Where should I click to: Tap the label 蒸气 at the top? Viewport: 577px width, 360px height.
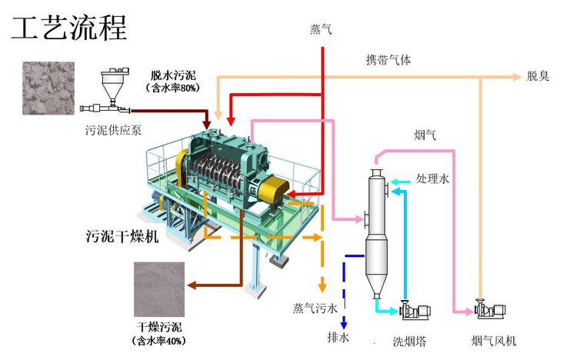(x=321, y=29)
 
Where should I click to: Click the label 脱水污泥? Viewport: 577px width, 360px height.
(x=172, y=75)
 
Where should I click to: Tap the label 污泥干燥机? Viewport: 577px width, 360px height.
(x=122, y=237)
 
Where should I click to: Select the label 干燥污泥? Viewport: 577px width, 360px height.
(x=160, y=326)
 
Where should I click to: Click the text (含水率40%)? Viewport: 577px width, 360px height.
(x=160, y=339)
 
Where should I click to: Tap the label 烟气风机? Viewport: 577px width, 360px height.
(x=493, y=340)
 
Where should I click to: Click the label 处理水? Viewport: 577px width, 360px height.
(x=432, y=178)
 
